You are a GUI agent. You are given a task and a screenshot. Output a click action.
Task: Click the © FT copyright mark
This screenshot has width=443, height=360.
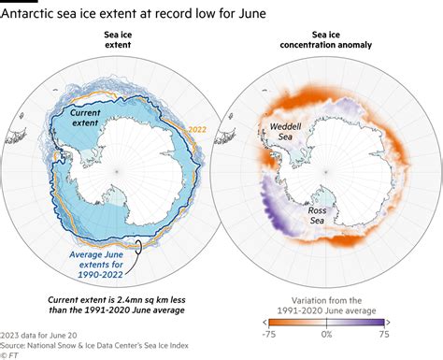pos(11,354)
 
